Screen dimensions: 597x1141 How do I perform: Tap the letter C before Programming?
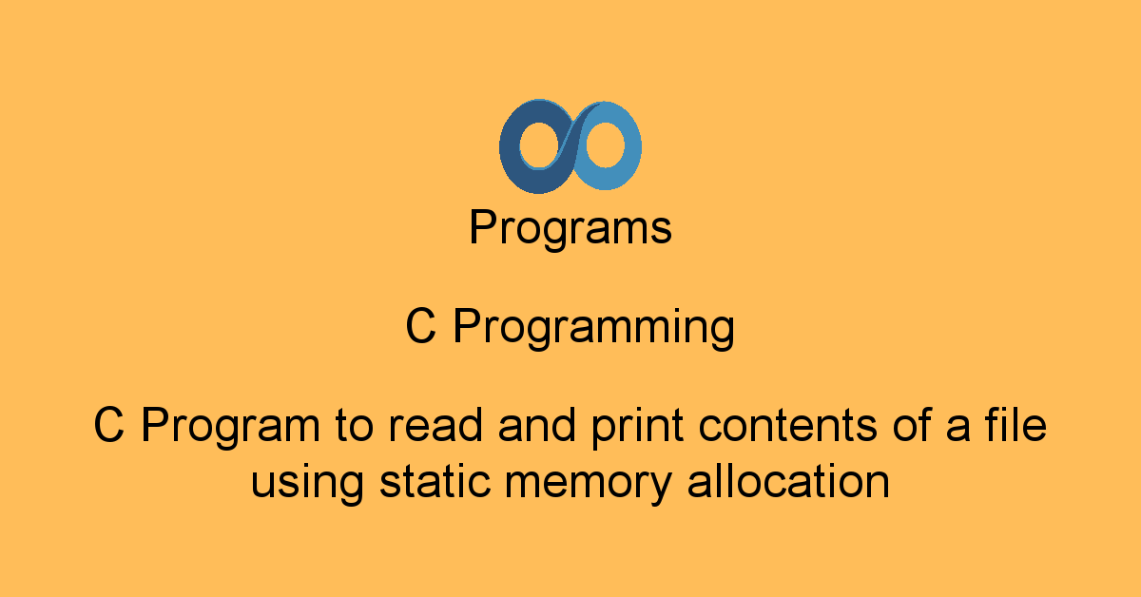coord(421,328)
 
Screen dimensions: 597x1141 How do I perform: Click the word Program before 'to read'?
coord(231,427)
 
